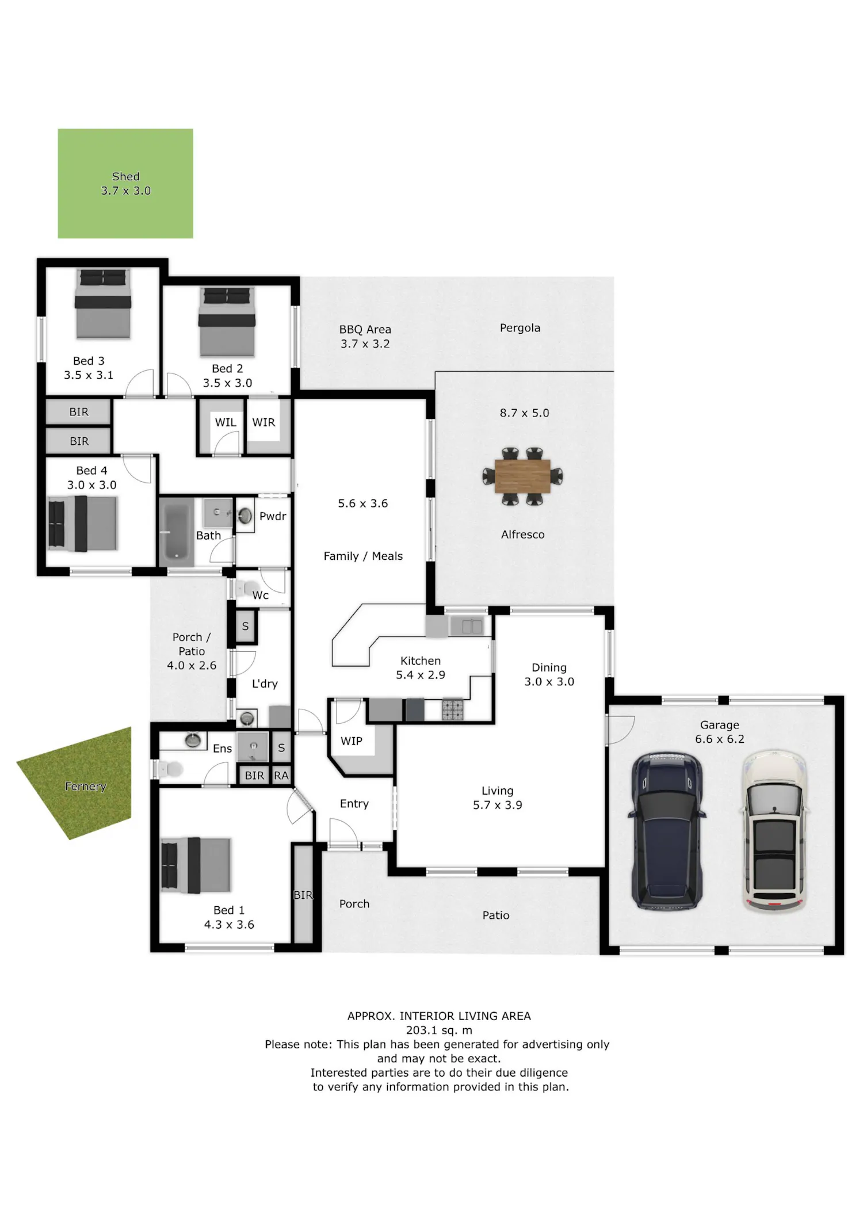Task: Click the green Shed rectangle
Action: point(125,184)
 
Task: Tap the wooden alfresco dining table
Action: point(522,476)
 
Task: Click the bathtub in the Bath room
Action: point(176,533)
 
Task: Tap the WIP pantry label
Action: point(352,741)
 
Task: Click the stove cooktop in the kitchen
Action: point(452,709)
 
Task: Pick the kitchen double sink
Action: point(472,626)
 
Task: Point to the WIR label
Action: point(264,422)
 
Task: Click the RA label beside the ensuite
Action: point(281,776)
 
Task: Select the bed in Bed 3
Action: point(103,304)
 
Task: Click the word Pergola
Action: point(520,328)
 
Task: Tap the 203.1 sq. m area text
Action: point(439,1030)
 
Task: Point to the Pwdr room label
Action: point(273,516)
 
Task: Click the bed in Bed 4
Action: point(83,524)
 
